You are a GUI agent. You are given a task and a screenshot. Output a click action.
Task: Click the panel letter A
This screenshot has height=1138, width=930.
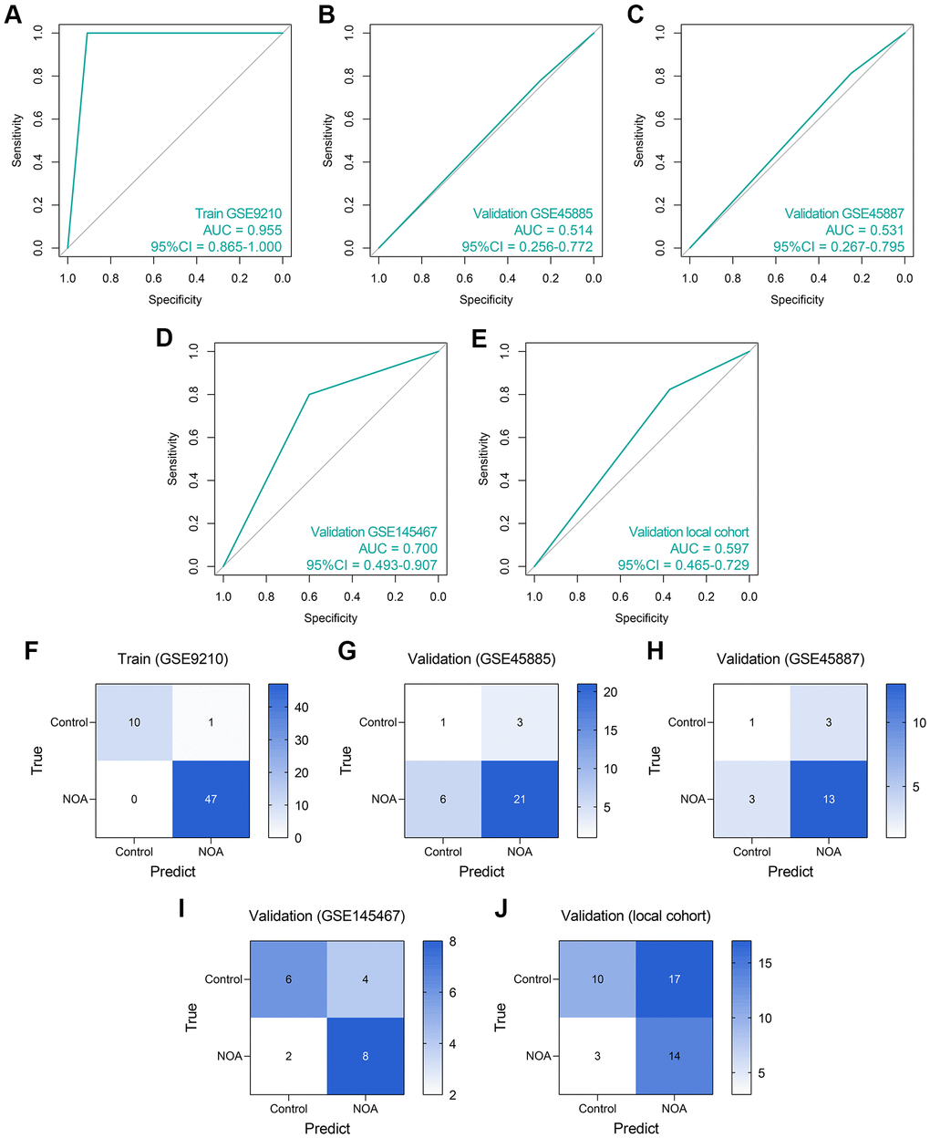pyautogui.click(x=13, y=16)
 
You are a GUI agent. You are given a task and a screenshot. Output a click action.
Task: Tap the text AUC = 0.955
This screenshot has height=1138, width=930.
pyautogui.click(x=239, y=231)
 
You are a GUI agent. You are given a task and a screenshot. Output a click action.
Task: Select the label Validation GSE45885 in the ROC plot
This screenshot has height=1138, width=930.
pyautogui.click(x=532, y=214)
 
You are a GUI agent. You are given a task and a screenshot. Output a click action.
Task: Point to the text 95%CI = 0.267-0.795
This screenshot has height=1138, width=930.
pyautogui.click(x=839, y=247)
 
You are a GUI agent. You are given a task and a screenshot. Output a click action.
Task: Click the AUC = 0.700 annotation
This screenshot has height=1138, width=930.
pyautogui.click(x=398, y=549)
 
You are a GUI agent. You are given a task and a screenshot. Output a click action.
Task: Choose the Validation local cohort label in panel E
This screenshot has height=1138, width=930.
pyautogui.click(x=688, y=533)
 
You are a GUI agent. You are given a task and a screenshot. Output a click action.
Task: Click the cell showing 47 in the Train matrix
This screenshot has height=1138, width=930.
pyautogui.click(x=211, y=799)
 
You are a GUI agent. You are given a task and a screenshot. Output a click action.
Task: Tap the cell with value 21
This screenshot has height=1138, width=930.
pyautogui.click(x=520, y=799)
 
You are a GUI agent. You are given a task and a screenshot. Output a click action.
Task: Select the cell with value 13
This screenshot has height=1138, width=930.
pyautogui.click(x=829, y=799)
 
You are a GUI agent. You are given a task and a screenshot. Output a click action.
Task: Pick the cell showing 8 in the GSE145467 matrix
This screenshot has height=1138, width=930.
pyautogui.click(x=366, y=1056)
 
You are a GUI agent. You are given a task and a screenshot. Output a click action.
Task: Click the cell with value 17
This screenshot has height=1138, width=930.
pyautogui.click(x=675, y=979)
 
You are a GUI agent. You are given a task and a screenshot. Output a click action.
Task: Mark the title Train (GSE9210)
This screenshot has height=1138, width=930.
pyautogui.click(x=172, y=659)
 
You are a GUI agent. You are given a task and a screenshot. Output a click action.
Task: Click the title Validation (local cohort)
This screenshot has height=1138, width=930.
pyautogui.click(x=635, y=916)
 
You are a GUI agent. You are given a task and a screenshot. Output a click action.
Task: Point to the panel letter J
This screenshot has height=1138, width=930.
pyautogui.click(x=500, y=910)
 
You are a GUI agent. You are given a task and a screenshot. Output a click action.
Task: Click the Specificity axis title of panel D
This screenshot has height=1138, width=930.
pyautogui.click(x=331, y=618)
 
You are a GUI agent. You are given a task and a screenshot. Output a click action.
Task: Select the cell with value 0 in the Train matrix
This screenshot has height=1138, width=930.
pyautogui.click(x=134, y=799)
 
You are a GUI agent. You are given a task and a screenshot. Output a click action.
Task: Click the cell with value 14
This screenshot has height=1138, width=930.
pyautogui.click(x=675, y=1056)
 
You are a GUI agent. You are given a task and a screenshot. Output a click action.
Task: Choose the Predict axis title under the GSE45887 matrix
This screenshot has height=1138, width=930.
pyautogui.click(x=790, y=872)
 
